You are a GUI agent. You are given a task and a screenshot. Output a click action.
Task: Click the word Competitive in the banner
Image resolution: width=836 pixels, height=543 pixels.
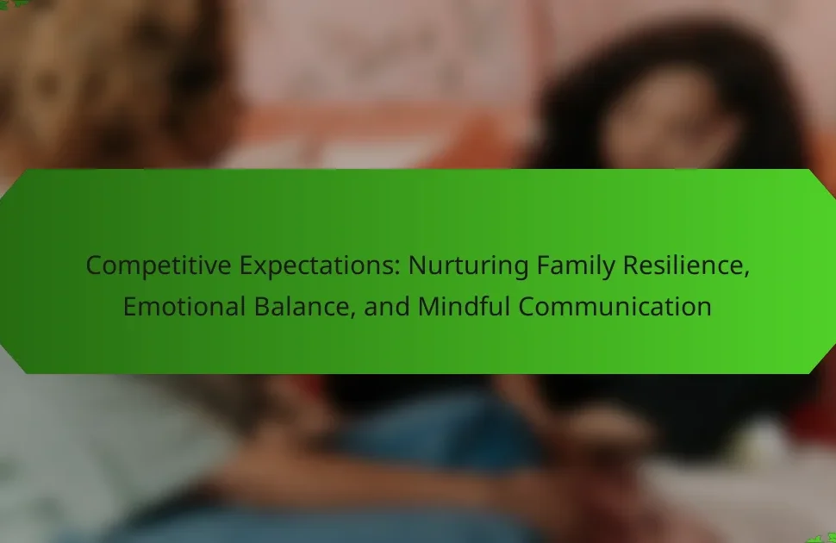tap(159, 266)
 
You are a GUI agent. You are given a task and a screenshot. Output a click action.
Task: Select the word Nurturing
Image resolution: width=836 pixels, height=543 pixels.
tap(468, 266)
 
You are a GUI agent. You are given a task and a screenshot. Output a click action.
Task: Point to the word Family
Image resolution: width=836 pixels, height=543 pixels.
tap(575, 266)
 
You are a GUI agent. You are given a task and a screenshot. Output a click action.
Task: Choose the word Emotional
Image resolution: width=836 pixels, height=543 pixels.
tap(184, 307)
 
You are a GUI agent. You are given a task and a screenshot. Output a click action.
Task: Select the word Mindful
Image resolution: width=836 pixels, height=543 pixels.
tap(464, 307)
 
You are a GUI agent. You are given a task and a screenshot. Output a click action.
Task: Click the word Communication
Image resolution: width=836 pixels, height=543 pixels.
tap(615, 307)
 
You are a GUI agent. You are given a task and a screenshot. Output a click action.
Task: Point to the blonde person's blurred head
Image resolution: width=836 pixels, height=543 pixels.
tap(107, 80)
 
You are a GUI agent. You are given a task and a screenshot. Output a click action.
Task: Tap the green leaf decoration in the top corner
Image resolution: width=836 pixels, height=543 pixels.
tap(13, 3)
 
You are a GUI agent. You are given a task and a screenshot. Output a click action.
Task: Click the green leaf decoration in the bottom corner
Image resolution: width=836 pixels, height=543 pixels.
tap(823, 538)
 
